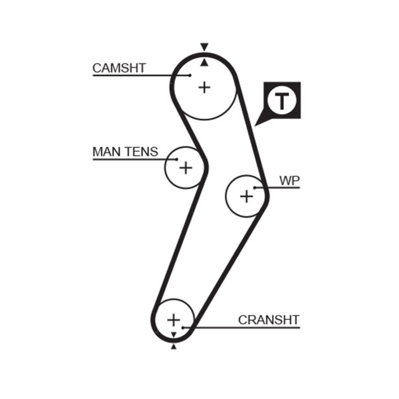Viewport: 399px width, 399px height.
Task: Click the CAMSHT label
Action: (119, 68)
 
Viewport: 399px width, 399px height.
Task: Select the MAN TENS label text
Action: (125, 152)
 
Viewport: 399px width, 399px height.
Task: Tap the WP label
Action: (289, 181)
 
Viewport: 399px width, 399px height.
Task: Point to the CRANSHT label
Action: (268, 320)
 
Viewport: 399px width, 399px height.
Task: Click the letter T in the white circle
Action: (282, 101)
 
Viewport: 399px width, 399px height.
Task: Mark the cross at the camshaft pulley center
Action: (204, 87)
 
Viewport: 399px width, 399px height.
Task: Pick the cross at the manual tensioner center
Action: (185, 168)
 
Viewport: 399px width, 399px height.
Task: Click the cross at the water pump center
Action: (246, 196)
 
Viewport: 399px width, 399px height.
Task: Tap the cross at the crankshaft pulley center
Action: (173, 319)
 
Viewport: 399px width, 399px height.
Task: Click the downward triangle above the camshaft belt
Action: (203, 47)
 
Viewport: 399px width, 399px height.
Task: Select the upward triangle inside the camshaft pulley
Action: (203, 62)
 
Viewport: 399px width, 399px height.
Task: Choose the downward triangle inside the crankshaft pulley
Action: (174, 334)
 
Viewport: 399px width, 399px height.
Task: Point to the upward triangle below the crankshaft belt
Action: (174, 346)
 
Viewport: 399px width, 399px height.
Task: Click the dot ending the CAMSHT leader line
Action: (191, 75)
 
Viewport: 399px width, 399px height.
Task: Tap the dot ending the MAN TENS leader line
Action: (177, 160)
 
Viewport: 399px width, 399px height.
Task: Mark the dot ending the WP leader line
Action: (254, 188)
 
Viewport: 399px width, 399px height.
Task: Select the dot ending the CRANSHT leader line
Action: (184, 328)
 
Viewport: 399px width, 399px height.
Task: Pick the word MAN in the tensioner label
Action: (106, 152)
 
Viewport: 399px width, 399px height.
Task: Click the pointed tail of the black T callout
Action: (256, 124)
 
